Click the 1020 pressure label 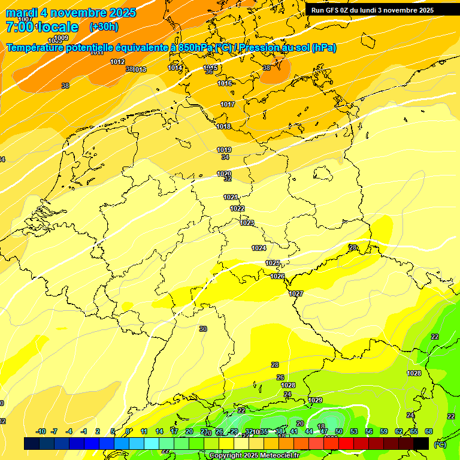[224, 174]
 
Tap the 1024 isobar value [259, 248]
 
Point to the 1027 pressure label [296, 293]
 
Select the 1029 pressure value [315, 400]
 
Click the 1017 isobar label [227, 104]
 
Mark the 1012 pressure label [117, 62]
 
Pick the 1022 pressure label [237, 208]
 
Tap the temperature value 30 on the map [203, 329]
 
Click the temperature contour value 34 [225, 157]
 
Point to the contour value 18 [321, 426]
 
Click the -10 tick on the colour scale [41, 431]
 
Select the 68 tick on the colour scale [429, 431]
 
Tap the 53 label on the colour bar [354, 431]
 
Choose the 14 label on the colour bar [159, 431]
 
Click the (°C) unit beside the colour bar [440, 444]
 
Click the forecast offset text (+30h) [104, 26]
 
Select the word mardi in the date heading [22, 13]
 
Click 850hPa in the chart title [196, 48]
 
